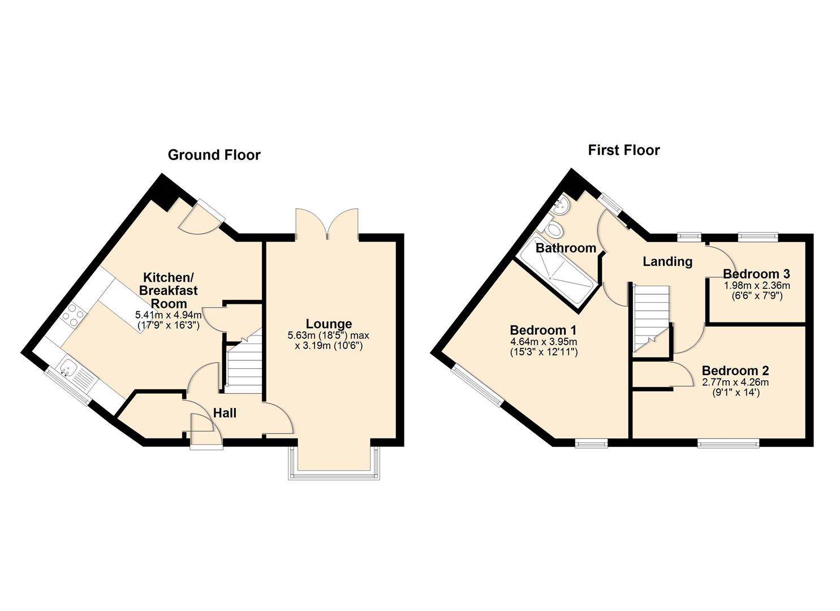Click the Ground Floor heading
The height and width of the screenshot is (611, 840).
[214, 155]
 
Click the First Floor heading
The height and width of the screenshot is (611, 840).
[623, 150]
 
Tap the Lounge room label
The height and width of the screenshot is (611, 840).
[329, 324]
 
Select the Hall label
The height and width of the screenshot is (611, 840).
[225, 414]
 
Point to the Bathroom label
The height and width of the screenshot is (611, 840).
[566, 248]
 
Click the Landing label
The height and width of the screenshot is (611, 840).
[667, 261]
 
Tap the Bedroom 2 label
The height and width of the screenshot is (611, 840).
[735, 371]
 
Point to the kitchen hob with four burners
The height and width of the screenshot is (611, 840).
[72, 315]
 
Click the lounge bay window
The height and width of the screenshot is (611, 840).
[333, 470]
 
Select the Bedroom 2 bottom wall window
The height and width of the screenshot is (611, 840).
[728, 443]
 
